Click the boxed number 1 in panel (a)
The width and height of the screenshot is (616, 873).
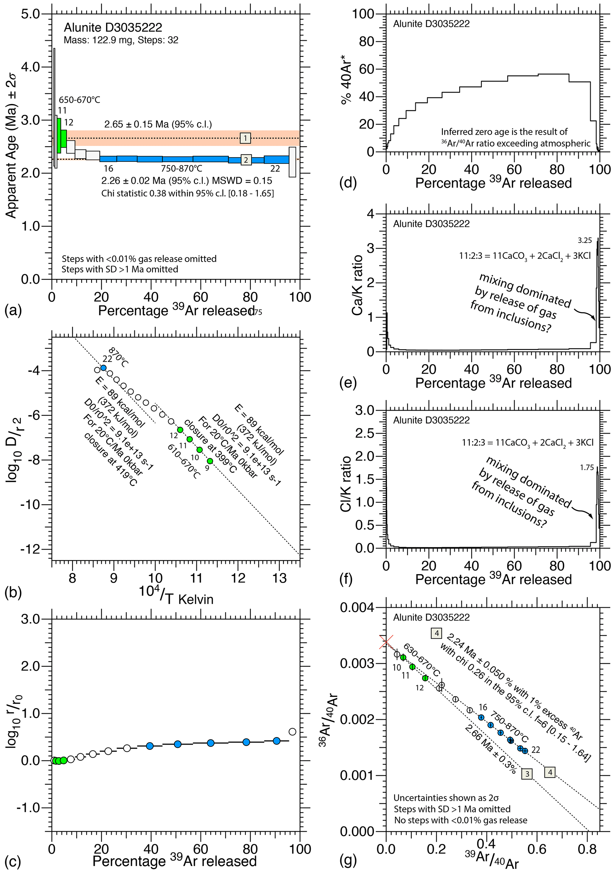(245, 138)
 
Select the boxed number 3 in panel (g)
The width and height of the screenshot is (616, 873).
(527, 774)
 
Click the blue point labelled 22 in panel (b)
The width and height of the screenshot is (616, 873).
(103, 368)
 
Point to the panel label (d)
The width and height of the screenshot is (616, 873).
(348, 183)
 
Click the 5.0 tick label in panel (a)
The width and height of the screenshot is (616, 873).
(30, 14)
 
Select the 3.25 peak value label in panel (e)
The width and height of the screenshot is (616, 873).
(585, 240)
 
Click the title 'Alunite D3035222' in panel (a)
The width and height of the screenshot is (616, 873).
(113, 27)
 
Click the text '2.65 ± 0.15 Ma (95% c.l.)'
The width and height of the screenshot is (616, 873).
(158, 124)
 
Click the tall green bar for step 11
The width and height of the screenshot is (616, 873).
(59, 135)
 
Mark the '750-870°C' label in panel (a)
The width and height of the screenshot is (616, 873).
(181, 168)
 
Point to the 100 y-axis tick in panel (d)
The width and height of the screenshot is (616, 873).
(364, 14)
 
